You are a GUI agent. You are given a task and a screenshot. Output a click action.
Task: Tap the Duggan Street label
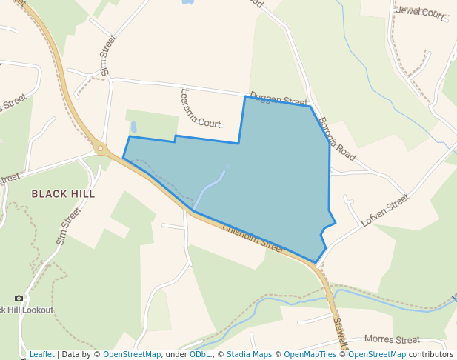(278, 99)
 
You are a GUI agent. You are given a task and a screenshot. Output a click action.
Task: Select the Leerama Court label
(200, 109)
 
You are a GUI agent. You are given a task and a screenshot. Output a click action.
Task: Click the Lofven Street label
(384, 210)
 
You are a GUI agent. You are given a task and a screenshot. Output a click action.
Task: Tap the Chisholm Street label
(253, 239)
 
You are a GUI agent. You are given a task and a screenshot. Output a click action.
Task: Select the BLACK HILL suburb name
(63, 193)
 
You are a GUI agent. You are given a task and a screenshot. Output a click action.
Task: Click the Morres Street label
(392, 339)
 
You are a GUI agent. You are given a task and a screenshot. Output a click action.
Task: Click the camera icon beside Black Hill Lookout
(19, 298)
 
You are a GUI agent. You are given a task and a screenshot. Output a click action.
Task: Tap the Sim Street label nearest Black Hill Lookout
(68, 226)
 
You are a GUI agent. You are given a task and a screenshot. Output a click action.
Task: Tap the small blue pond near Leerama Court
(133, 127)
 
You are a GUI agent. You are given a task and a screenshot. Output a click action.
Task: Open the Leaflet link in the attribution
(41, 354)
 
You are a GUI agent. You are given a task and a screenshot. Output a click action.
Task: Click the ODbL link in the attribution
(200, 354)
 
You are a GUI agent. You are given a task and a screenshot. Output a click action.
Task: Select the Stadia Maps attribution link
(249, 354)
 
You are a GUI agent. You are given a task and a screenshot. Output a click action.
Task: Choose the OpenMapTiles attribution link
(311, 354)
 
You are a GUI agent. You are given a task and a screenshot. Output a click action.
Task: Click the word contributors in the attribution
(431, 354)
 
